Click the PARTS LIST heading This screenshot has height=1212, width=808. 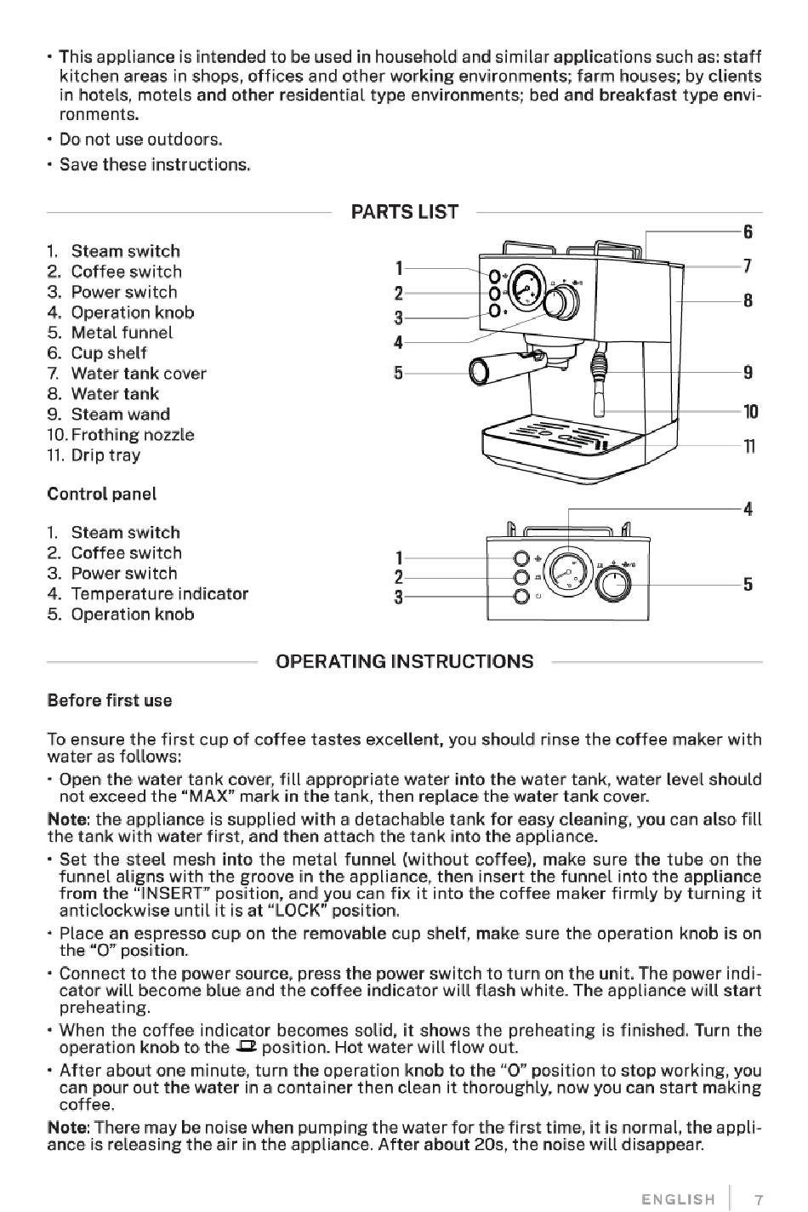404,212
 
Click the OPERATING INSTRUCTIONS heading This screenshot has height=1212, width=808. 404,661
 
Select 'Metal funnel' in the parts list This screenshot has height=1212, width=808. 121,333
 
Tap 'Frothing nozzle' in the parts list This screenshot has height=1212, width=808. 132,435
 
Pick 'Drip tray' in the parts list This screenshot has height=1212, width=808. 105,455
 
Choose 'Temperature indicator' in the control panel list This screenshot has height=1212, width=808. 159,594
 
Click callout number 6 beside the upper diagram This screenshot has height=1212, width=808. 748,232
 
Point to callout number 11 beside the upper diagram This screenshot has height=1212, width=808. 748,446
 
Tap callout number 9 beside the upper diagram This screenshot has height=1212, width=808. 748,372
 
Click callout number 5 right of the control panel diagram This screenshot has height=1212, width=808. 748,585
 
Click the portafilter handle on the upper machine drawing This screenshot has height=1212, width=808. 493,367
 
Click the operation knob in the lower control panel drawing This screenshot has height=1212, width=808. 614,585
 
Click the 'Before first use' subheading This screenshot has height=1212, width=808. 110,701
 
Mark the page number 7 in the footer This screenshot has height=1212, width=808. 759,1200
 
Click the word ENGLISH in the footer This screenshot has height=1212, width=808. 678,1200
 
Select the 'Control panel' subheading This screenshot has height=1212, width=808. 102,495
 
